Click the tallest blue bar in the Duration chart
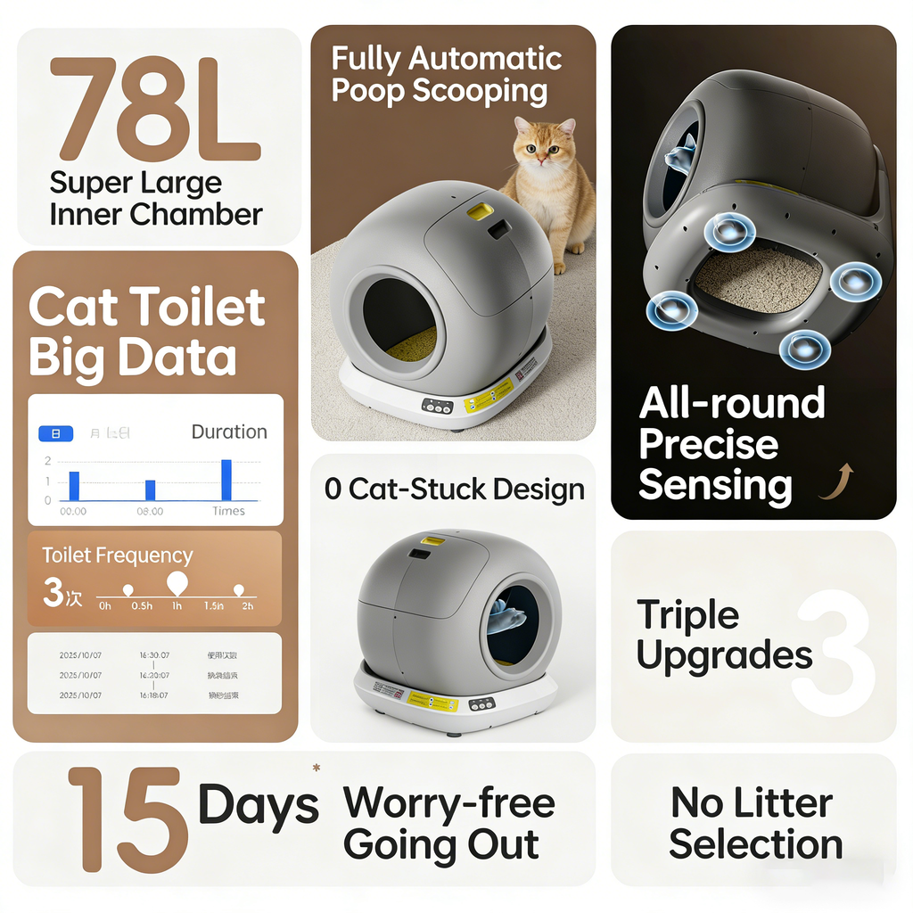[226, 480]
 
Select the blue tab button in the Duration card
[56, 433]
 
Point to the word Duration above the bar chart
[229, 432]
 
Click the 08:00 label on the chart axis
[150, 512]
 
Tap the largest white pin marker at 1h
[177, 583]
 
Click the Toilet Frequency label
[118, 555]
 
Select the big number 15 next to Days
[127, 819]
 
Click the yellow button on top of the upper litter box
[481, 210]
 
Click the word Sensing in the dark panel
[715, 486]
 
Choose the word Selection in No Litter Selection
[755, 843]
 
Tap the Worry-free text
[448, 803]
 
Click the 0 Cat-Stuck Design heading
[454, 489]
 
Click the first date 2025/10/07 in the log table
[80, 655]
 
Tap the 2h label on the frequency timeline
[247, 606]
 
